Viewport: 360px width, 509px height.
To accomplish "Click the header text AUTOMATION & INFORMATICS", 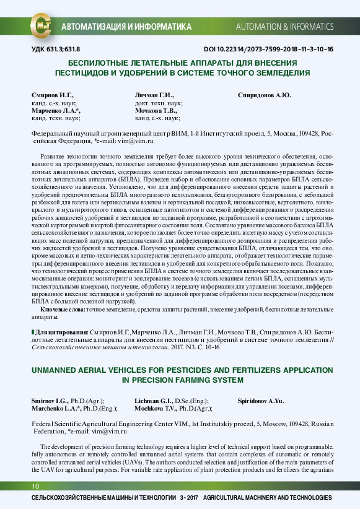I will point(284,28).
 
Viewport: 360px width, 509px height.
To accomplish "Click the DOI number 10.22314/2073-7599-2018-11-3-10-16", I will point(268,49).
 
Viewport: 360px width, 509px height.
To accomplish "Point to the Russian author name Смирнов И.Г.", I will point(53,95).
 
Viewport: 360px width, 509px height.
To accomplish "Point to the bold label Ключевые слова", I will point(63,308).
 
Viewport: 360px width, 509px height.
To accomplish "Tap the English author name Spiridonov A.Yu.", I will point(261,401).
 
